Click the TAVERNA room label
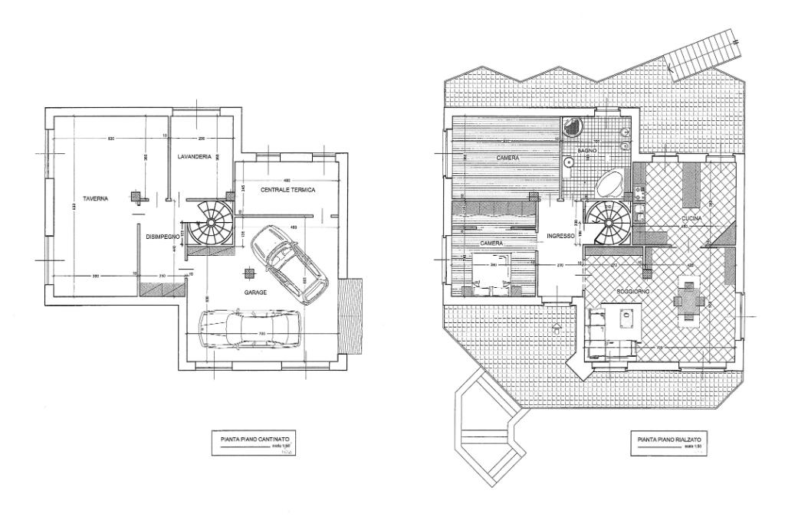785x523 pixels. (x=95, y=198)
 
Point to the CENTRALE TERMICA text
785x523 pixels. (x=287, y=189)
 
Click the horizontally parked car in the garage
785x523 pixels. (x=248, y=331)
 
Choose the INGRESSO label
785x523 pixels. (x=560, y=237)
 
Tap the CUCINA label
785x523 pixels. (x=692, y=219)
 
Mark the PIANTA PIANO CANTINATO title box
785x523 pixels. (x=255, y=442)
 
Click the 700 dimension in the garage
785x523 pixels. (x=263, y=333)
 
